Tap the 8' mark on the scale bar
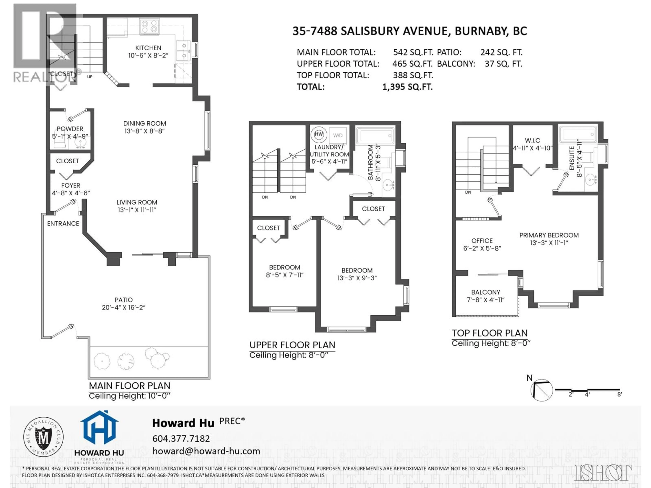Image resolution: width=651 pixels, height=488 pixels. (x=619, y=394)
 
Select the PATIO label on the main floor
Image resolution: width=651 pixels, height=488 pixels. (x=124, y=300)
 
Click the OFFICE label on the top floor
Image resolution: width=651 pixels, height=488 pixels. (x=482, y=241)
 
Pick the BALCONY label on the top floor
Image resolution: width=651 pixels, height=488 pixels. (x=486, y=292)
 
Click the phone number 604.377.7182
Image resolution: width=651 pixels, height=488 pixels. (x=181, y=439)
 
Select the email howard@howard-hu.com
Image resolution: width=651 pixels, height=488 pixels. (x=206, y=451)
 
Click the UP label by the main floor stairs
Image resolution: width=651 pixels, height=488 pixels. (x=90, y=77)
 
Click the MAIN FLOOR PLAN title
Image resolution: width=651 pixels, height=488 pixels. (x=130, y=386)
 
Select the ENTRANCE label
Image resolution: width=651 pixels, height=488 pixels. (x=63, y=223)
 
